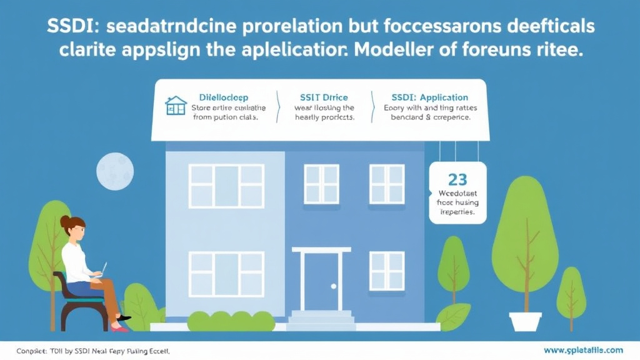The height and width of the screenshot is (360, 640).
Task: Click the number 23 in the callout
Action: [x=457, y=179]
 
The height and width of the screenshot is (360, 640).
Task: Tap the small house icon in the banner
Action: [x=176, y=106]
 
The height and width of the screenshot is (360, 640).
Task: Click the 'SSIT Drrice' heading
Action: [x=324, y=97]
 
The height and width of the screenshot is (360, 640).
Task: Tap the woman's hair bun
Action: [x=65, y=221]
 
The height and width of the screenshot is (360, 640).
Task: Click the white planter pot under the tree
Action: [x=525, y=321]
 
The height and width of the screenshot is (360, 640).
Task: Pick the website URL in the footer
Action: [x=583, y=350]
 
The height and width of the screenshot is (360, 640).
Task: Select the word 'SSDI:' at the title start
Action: [x=71, y=27]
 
